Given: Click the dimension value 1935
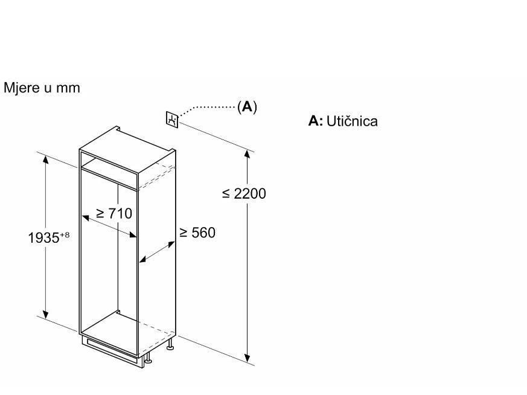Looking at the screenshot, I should [x=42, y=237].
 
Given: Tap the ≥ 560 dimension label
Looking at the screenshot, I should [x=197, y=233].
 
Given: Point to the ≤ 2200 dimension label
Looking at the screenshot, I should [x=244, y=193].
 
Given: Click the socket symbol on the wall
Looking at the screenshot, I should [x=173, y=119].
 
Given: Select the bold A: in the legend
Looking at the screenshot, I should [x=315, y=121].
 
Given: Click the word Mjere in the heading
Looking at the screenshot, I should [x=20, y=88].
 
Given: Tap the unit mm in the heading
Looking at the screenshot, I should [x=69, y=89].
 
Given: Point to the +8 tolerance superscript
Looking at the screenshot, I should [x=63, y=234].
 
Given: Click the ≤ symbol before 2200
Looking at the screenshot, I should [x=226, y=194].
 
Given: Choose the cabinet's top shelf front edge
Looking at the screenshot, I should [x=109, y=176].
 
